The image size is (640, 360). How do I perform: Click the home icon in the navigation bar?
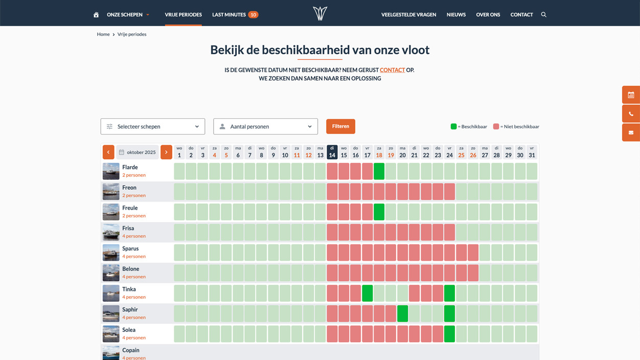click(x=96, y=15)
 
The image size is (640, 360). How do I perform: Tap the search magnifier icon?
click(x=543, y=15)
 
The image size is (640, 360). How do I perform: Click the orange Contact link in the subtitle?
click(x=392, y=70)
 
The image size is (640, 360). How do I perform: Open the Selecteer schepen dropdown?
click(x=152, y=126)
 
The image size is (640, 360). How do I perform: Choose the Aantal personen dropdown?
click(x=265, y=126)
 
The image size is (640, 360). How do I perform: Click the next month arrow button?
click(x=166, y=152)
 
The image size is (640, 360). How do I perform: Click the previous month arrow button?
click(x=108, y=152)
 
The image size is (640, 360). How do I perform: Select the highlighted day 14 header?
click(x=332, y=152)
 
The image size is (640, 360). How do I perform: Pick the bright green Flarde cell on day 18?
click(x=379, y=171)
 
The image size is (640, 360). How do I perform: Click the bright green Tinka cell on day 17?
click(x=367, y=293)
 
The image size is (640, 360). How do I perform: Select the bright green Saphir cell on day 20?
click(x=402, y=313)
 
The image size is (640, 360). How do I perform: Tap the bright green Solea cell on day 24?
click(x=449, y=334)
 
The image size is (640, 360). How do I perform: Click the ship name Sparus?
click(x=130, y=249)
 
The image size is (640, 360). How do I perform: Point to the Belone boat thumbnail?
click(x=111, y=273)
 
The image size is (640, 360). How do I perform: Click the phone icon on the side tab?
click(x=631, y=114)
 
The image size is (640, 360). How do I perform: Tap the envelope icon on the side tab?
click(x=631, y=132)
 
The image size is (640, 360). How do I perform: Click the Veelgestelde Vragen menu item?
click(x=408, y=15)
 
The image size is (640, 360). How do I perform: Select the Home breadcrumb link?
click(x=103, y=34)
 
